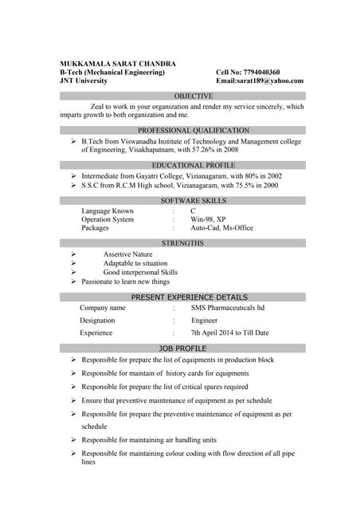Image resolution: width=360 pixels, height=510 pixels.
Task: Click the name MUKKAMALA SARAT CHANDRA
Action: [118, 63]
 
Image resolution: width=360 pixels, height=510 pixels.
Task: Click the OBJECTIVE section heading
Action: [182, 96]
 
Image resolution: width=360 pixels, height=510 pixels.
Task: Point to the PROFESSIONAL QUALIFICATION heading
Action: [182, 130]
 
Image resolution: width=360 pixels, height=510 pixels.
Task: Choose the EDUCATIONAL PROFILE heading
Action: [182, 165]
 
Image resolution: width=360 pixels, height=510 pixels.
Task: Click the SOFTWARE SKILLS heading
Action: [182, 201]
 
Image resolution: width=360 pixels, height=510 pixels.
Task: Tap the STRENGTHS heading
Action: [182, 243]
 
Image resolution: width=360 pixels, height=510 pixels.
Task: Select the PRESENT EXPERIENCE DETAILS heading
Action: [183, 297]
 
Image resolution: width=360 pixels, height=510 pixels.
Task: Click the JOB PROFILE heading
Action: [182, 348]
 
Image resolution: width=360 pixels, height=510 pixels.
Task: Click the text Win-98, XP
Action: [208, 219]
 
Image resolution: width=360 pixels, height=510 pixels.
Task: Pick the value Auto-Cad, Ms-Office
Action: [221, 228]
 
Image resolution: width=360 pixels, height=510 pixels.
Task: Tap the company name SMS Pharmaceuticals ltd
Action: [228, 308]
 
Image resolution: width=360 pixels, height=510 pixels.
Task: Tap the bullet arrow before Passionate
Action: [73, 281]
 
